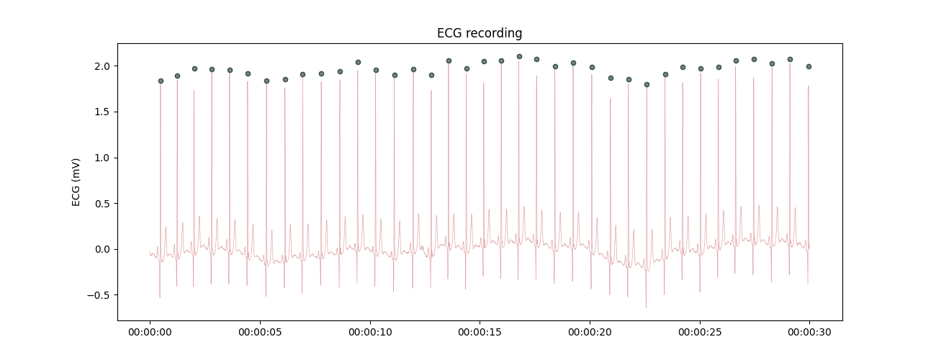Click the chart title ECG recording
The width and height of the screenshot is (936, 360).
pyautogui.click(x=480, y=33)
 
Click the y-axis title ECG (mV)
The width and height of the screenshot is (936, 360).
pyautogui.click(x=76, y=182)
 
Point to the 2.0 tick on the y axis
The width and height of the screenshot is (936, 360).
pyautogui.click(x=102, y=66)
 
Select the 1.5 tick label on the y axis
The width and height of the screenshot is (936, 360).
pyautogui.click(x=102, y=112)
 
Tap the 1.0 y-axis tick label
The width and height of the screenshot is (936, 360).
pyautogui.click(x=102, y=158)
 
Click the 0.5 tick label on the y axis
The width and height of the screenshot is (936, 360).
pyautogui.click(x=102, y=204)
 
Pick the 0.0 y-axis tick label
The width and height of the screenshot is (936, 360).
pyautogui.click(x=102, y=249)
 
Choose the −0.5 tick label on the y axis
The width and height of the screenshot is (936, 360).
pyautogui.click(x=99, y=295)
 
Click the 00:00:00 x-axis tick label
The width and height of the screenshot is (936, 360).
pyautogui.click(x=150, y=333)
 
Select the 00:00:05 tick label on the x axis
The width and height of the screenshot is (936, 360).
pyautogui.click(x=260, y=333)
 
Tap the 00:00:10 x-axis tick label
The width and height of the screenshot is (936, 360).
pyautogui.click(x=370, y=333)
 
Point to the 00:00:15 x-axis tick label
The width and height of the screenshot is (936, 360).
pyautogui.click(x=480, y=333)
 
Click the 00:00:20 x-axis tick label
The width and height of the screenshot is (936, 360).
pyautogui.click(x=590, y=333)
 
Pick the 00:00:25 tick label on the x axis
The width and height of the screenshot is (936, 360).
pyautogui.click(x=700, y=333)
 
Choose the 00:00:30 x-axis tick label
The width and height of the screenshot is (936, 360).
pyautogui.click(x=809, y=333)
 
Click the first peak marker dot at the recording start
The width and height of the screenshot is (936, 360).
pyautogui.click(x=161, y=81)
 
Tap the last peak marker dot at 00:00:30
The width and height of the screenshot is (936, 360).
pyautogui.click(x=809, y=66)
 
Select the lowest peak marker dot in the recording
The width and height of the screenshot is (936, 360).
pyautogui.click(x=647, y=84)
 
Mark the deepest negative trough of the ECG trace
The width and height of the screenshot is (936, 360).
pyautogui.click(x=646, y=307)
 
